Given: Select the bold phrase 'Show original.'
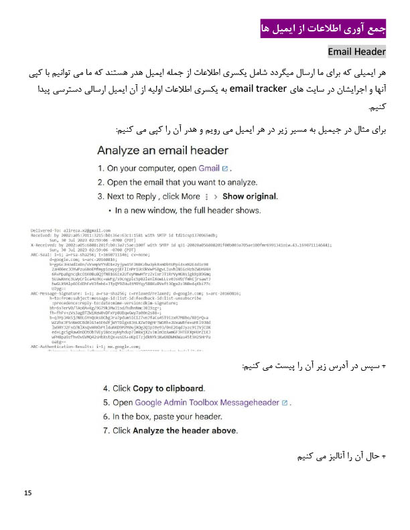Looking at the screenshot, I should tap(250, 197).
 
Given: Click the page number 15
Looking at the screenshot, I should tap(27, 494).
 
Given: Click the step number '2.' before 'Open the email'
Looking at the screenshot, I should tap(102, 183).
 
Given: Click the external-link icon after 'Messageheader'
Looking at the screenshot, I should tap(285, 403).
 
